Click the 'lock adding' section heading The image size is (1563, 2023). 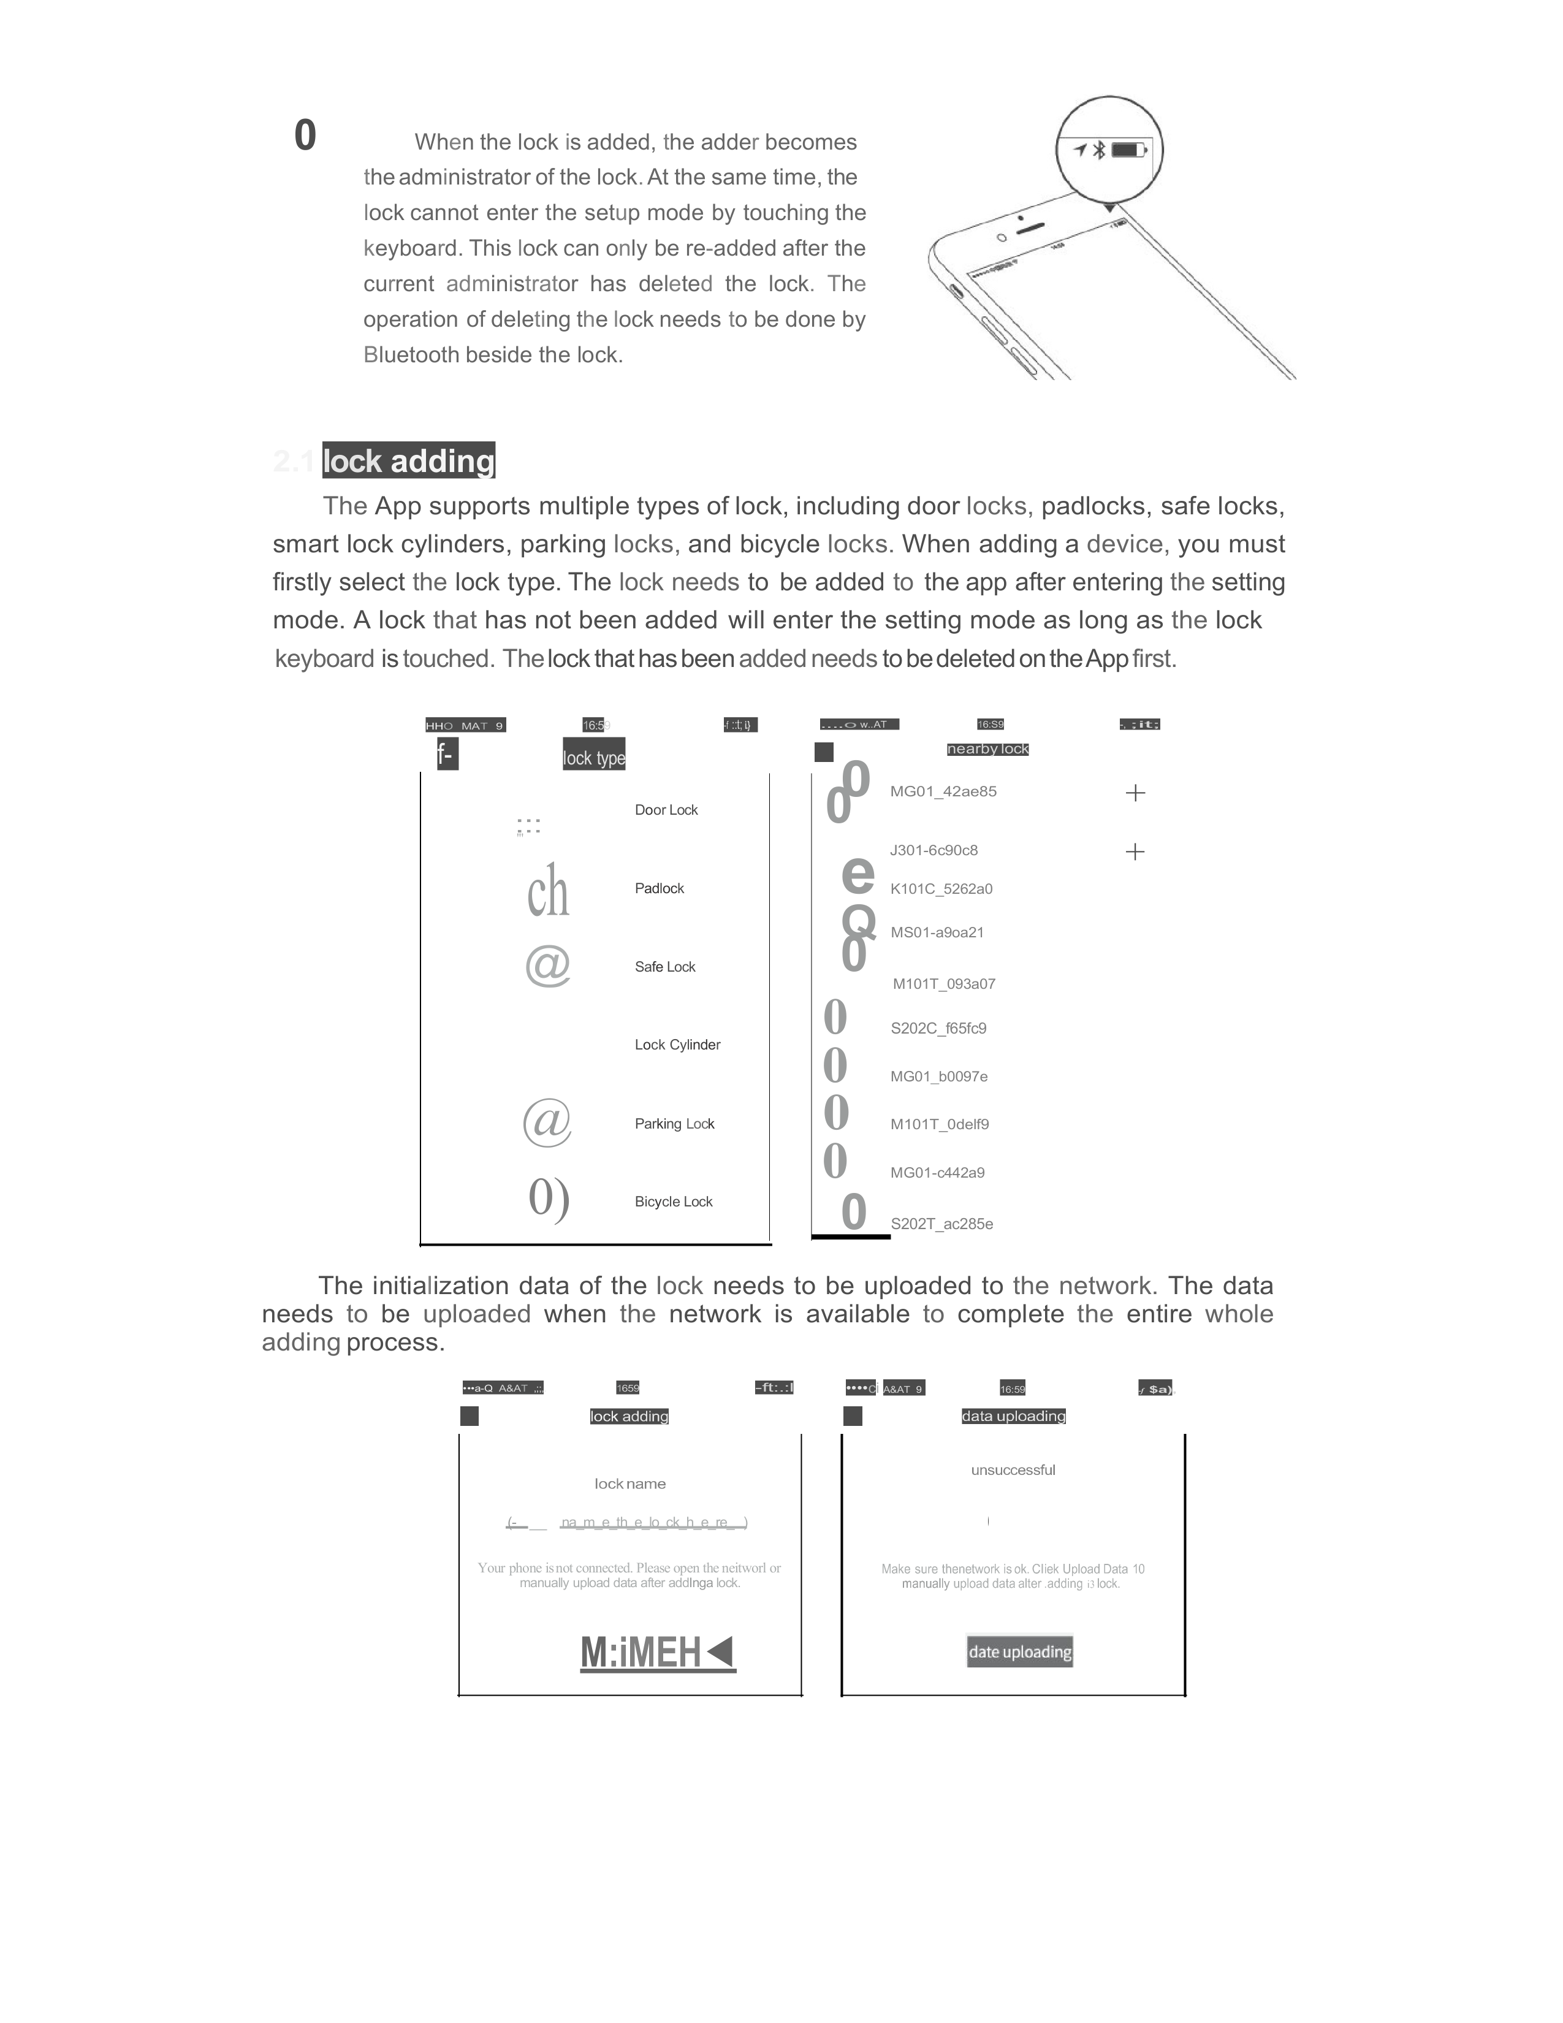408,460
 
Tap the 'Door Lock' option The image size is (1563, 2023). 666,810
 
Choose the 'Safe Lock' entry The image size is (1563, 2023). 665,967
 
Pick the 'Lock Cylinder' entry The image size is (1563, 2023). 677,1045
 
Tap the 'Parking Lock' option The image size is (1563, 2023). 674,1124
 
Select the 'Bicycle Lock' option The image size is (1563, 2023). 673,1202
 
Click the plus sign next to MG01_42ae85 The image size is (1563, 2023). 1135,793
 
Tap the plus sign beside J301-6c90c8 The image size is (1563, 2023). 1135,852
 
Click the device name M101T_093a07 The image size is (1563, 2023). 943,985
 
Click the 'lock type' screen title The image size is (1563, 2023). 593,758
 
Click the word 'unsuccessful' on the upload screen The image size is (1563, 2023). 1013,1470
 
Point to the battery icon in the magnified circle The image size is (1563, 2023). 1128,150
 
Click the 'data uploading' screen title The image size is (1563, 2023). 1013,1416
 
